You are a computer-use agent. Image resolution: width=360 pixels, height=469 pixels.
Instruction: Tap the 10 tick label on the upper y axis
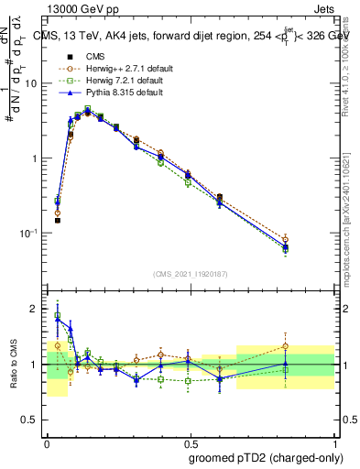click(31, 83)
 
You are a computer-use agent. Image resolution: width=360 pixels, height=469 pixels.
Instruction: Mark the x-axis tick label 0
click(47, 441)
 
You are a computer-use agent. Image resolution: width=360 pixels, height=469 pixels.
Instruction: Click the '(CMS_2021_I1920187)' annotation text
click(191, 275)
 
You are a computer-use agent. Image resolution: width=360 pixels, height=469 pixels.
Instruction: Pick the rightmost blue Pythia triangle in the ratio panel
click(311, 364)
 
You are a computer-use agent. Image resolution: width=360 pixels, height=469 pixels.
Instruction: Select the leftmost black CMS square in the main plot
click(58, 220)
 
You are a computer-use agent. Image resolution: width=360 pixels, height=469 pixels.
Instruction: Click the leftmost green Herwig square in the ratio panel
click(58, 316)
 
